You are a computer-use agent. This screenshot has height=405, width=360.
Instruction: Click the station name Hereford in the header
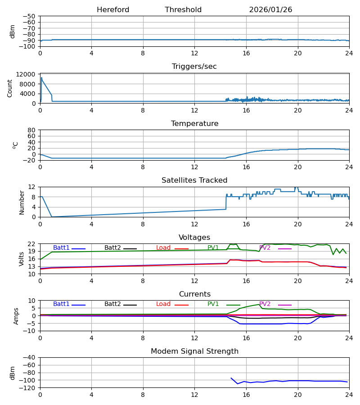click(113, 10)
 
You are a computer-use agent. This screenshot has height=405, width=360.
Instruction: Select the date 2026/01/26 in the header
click(270, 10)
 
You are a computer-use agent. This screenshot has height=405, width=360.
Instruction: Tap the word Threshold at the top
click(183, 10)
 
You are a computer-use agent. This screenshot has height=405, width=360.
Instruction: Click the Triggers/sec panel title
click(194, 67)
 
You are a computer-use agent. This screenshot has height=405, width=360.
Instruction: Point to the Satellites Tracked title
click(194, 180)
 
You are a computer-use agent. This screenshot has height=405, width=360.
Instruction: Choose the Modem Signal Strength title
click(194, 351)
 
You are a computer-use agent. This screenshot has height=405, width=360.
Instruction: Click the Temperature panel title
click(194, 124)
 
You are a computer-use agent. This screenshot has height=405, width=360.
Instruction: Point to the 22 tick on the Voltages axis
click(31, 244)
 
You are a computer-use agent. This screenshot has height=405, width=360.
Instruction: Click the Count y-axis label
click(10, 88)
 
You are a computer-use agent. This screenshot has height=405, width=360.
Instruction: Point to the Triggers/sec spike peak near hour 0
click(41, 77)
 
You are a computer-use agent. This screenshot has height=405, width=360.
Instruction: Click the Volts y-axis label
click(22, 259)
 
